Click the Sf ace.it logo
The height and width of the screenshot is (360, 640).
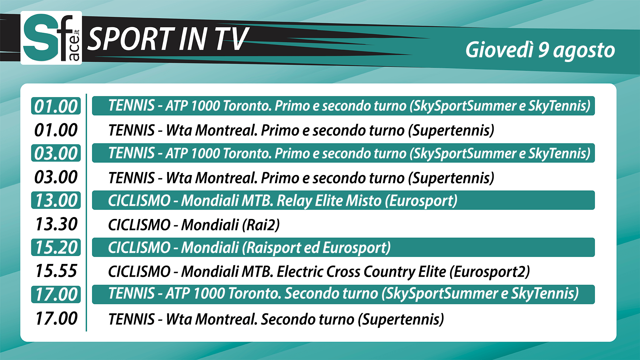click(x=51, y=38)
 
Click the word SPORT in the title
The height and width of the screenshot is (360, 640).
click(x=131, y=39)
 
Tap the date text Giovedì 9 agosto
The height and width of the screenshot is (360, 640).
click(x=540, y=50)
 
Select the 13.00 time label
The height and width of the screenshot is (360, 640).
click(x=56, y=200)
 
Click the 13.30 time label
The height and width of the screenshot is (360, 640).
click(x=56, y=224)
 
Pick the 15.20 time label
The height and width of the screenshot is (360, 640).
click(x=56, y=248)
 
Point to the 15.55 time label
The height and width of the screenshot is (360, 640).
click(x=56, y=271)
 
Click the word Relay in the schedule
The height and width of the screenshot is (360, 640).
click(x=294, y=201)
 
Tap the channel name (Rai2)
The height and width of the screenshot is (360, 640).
click(x=260, y=225)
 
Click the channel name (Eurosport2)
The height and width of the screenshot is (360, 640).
click(x=489, y=272)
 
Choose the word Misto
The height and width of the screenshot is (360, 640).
click(x=364, y=201)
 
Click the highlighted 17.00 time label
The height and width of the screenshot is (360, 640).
click(x=56, y=295)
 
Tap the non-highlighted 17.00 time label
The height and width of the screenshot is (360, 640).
click(x=56, y=318)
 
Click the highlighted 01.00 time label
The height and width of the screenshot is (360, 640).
click(x=56, y=106)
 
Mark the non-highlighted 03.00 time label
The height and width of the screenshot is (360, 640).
click(x=56, y=177)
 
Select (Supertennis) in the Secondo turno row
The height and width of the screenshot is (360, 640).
click(x=401, y=319)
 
